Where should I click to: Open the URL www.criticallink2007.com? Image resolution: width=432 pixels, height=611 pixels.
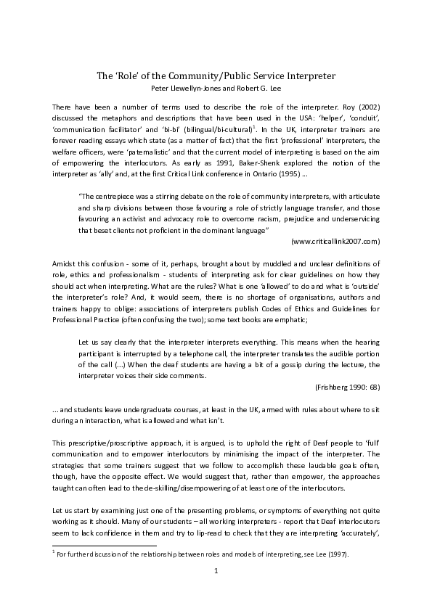pyautogui.click(x=335, y=240)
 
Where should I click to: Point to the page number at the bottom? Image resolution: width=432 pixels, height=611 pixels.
pyautogui.click(x=216, y=592)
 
